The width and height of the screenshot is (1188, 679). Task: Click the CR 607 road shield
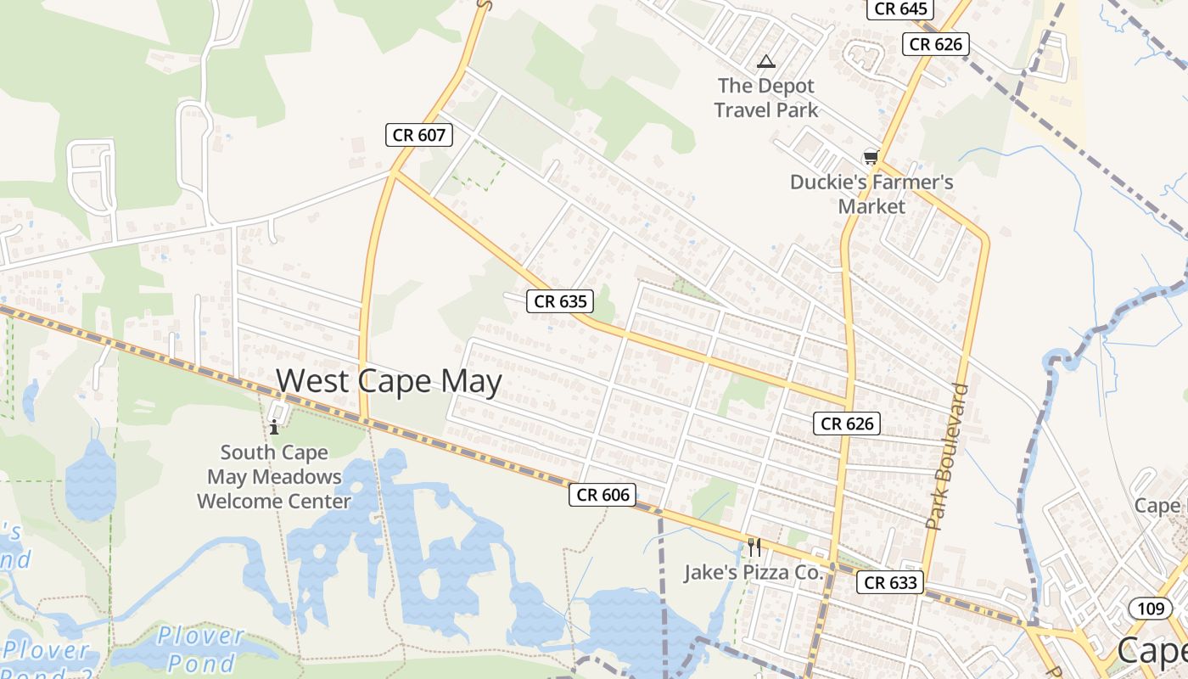(419, 134)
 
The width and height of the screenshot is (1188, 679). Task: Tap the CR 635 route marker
(559, 300)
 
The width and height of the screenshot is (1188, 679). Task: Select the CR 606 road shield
(602, 495)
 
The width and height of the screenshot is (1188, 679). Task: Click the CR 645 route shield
(900, 8)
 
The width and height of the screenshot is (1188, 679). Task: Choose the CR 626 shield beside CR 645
(936, 44)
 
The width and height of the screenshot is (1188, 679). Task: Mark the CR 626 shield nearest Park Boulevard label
(847, 423)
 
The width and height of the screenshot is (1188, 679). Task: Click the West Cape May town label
(389, 381)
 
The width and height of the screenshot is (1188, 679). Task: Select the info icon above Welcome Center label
(274, 427)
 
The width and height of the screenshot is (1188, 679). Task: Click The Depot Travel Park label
(765, 98)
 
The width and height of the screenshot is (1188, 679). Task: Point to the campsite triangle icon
(766, 61)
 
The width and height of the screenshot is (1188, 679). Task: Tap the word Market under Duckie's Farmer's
(871, 206)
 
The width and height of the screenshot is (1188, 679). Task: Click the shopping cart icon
(870, 157)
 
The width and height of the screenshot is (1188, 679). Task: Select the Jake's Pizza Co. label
(754, 572)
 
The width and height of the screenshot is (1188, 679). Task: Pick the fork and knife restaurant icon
(754, 547)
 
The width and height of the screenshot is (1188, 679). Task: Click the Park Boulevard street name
(947, 457)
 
